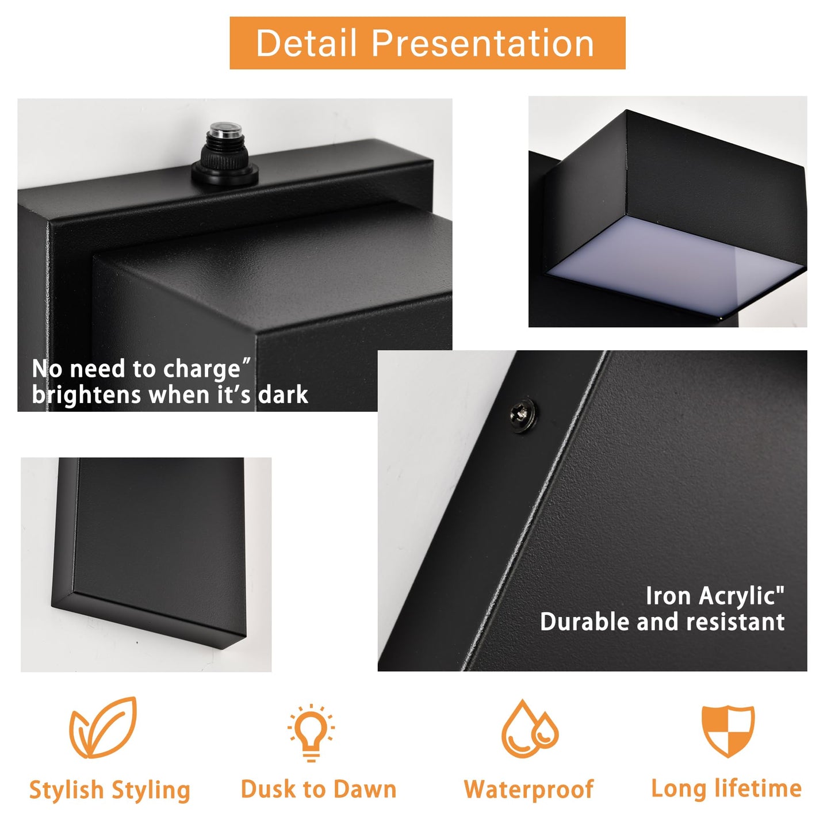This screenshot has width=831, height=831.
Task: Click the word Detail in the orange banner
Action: [x=306, y=43]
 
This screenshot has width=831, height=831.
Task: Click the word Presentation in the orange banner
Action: [x=482, y=43]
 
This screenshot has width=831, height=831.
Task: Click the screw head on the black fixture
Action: [x=523, y=415]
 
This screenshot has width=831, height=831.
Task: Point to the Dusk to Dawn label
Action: [x=319, y=789]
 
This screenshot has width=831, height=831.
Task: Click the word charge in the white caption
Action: [x=202, y=370]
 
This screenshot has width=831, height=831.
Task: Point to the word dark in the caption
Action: [x=283, y=395]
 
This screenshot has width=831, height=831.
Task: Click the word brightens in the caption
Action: [x=86, y=396]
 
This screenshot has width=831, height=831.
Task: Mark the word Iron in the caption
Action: [x=669, y=596]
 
